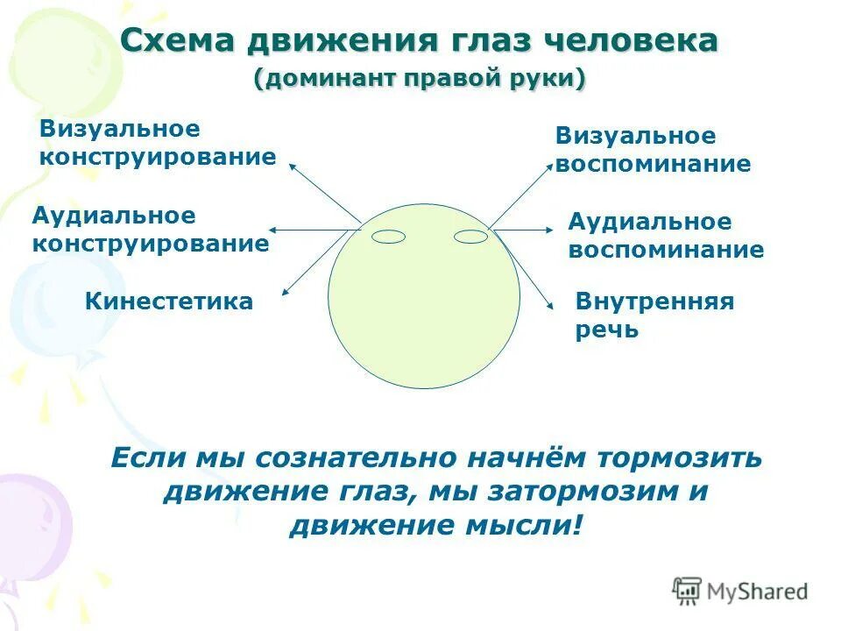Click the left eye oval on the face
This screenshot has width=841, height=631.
[x=389, y=236]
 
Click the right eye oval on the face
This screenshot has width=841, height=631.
[x=470, y=236]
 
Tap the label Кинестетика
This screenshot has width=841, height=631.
[x=169, y=302]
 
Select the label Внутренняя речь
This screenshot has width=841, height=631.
[x=654, y=315]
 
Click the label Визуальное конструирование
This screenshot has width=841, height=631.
[x=158, y=143]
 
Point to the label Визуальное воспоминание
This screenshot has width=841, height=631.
[x=653, y=150]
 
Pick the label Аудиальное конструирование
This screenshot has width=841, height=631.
[x=150, y=230]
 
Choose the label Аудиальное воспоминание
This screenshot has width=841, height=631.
[x=665, y=236]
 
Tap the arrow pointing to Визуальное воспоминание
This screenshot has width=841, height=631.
[x=522, y=195]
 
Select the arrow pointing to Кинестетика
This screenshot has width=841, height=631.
[x=320, y=261]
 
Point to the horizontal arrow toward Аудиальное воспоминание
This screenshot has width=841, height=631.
[x=524, y=229]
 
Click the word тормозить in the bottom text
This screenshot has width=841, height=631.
[x=680, y=457]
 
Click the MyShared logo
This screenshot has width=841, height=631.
[x=739, y=591]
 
